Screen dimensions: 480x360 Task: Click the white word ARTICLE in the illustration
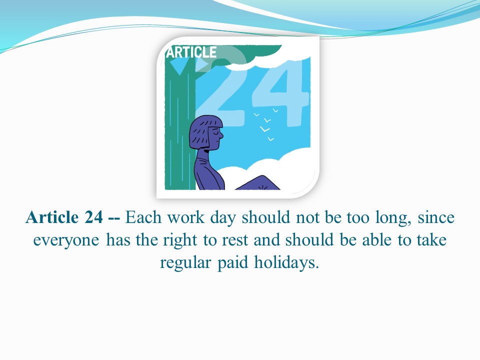[191, 52]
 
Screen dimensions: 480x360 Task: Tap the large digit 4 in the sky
[280, 92]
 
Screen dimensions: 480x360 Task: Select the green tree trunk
[180, 122]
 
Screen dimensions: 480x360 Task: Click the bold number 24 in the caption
[93, 217]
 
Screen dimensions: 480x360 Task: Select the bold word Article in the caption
[52, 217]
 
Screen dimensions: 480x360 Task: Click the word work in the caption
[185, 217]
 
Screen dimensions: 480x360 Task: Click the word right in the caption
[180, 240]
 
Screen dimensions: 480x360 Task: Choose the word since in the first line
[436, 217]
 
